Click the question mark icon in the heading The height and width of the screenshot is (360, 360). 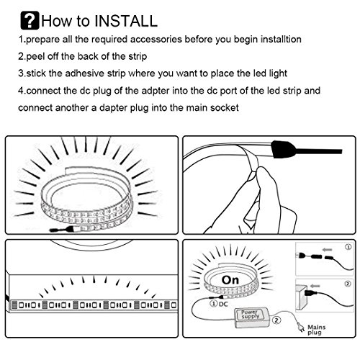(x=30, y=20)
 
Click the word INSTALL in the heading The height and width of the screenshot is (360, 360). (x=126, y=21)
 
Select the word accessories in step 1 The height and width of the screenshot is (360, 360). (x=156, y=40)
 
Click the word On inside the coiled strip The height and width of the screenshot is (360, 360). (x=230, y=280)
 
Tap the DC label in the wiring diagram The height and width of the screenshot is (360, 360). (x=223, y=304)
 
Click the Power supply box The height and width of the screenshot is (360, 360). (x=251, y=318)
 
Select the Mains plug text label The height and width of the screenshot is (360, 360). (x=317, y=330)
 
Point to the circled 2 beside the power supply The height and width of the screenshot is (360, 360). (x=276, y=320)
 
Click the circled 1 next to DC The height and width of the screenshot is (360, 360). (x=213, y=304)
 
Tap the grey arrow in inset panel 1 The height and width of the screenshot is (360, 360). (x=328, y=250)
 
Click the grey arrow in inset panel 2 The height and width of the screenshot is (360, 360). (x=315, y=286)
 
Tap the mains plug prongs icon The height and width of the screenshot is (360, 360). (x=301, y=326)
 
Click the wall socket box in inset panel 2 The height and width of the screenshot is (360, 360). (x=302, y=297)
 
